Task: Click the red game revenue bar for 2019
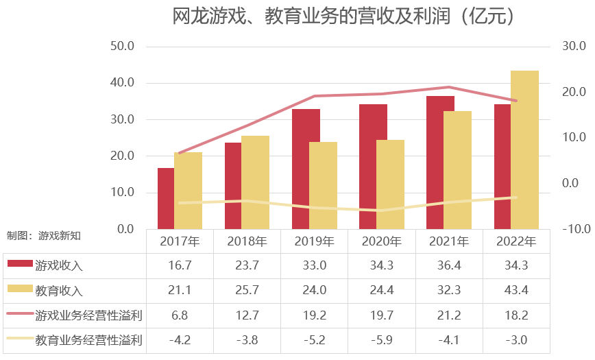[306, 169]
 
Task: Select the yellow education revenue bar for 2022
[524, 149]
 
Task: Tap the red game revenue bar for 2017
[166, 198]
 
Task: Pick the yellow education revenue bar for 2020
[390, 184]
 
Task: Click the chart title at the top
[343, 16]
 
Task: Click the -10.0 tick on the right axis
[576, 229]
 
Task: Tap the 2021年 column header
[449, 241]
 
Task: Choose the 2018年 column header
[247, 241]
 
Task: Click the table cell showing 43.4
[516, 290]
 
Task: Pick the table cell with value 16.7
[180, 265]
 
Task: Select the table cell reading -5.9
[382, 339]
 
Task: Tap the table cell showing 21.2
[449, 315]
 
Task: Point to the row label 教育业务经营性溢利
[88, 339]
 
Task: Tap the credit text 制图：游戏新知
[44, 235]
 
